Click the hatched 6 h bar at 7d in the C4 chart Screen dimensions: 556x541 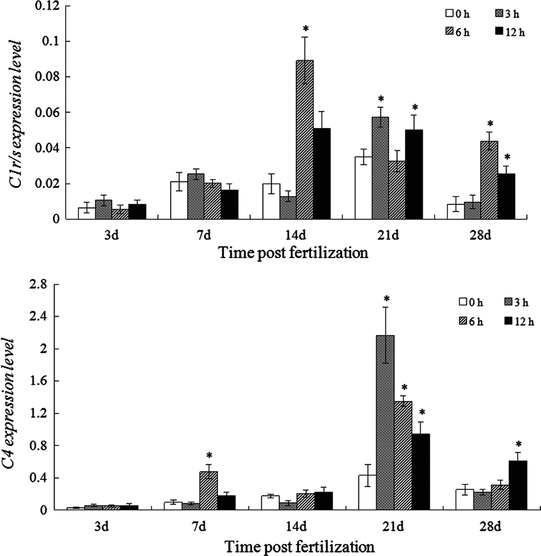pos(208,491)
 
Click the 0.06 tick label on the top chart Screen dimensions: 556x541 pos(48,112)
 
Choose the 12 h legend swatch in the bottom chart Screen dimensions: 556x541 pos(509,320)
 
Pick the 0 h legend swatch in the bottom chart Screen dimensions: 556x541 pos(463,302)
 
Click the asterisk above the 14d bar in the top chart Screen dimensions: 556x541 pos(306,29)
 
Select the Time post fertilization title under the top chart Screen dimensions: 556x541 pos(293,253)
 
